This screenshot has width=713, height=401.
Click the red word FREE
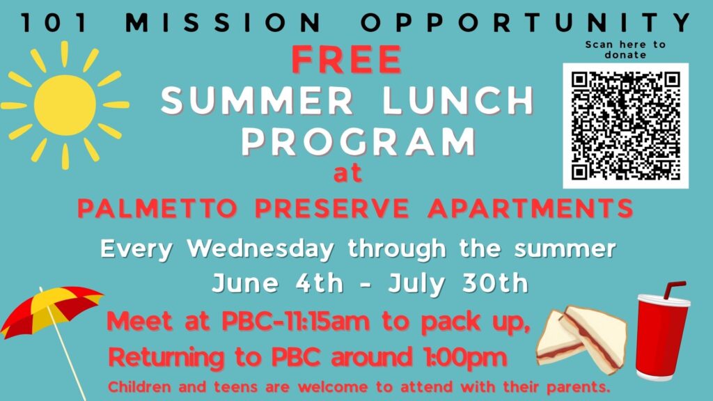347,60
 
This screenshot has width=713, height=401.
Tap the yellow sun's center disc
65,106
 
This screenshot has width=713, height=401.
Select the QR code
626,126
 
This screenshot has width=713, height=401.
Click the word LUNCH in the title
458,100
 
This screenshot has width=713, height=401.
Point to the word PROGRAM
359,141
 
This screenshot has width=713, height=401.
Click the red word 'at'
348,173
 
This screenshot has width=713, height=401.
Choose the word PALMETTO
158,208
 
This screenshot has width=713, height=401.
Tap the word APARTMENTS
530,208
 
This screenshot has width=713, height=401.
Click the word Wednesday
260,249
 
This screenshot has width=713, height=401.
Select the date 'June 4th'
277,283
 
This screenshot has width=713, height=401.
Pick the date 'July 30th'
458,283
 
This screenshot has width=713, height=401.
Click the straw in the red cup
673,290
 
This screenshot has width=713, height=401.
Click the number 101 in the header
54,23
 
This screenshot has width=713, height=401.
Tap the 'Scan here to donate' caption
625,49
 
